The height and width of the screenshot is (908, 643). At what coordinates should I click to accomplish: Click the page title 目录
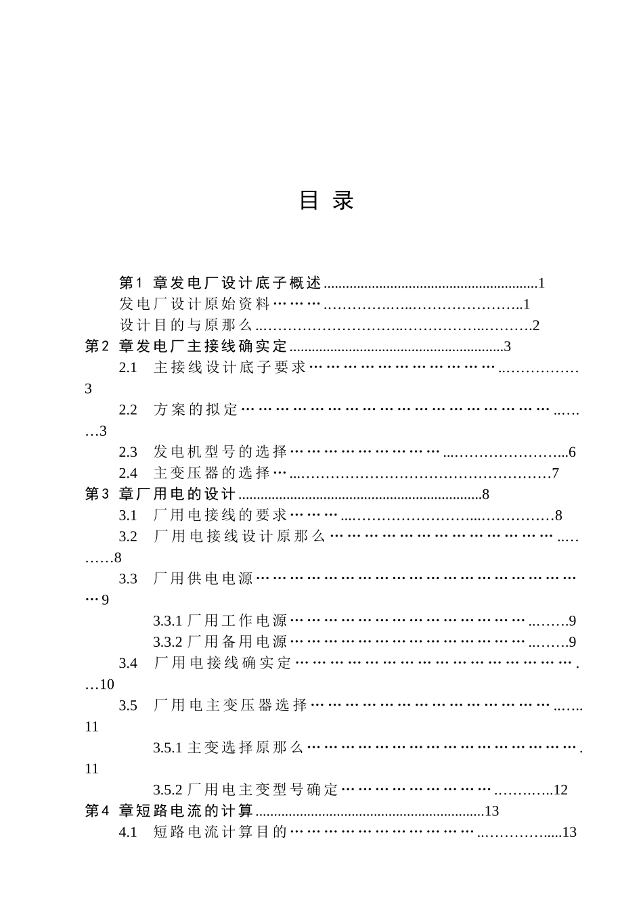(327, 200)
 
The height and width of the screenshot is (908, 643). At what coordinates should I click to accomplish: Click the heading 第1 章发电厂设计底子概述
(220, 283)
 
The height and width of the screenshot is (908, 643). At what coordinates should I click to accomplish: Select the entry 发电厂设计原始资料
(195, 304)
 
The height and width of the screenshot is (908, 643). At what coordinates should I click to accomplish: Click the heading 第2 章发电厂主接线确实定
(186, 347)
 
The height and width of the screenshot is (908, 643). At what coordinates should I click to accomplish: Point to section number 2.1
(128, 368)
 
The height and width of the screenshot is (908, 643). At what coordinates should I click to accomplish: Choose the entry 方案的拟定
(196, 410)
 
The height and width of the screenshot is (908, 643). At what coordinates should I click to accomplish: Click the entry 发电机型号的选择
(221, 452)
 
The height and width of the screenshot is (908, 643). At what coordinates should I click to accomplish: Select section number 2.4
(128, 473)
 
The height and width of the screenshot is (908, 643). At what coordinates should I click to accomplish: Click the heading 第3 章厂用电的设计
(160, 494)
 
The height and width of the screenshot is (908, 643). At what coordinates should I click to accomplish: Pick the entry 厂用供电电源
(203, 578)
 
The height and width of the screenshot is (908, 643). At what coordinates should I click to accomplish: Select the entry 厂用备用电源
(237, 642)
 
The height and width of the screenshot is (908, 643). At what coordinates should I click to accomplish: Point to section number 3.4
(128, 663)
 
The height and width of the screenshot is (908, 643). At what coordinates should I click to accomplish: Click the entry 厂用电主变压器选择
(230, 706)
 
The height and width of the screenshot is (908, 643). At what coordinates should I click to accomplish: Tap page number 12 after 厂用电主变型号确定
(560, 790)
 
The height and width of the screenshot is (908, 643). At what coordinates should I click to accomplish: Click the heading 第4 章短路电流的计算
(169, 811)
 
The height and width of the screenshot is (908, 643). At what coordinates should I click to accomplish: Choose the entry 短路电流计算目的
(221, 832)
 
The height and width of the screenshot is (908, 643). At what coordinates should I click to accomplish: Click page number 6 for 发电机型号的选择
(572, 452)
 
